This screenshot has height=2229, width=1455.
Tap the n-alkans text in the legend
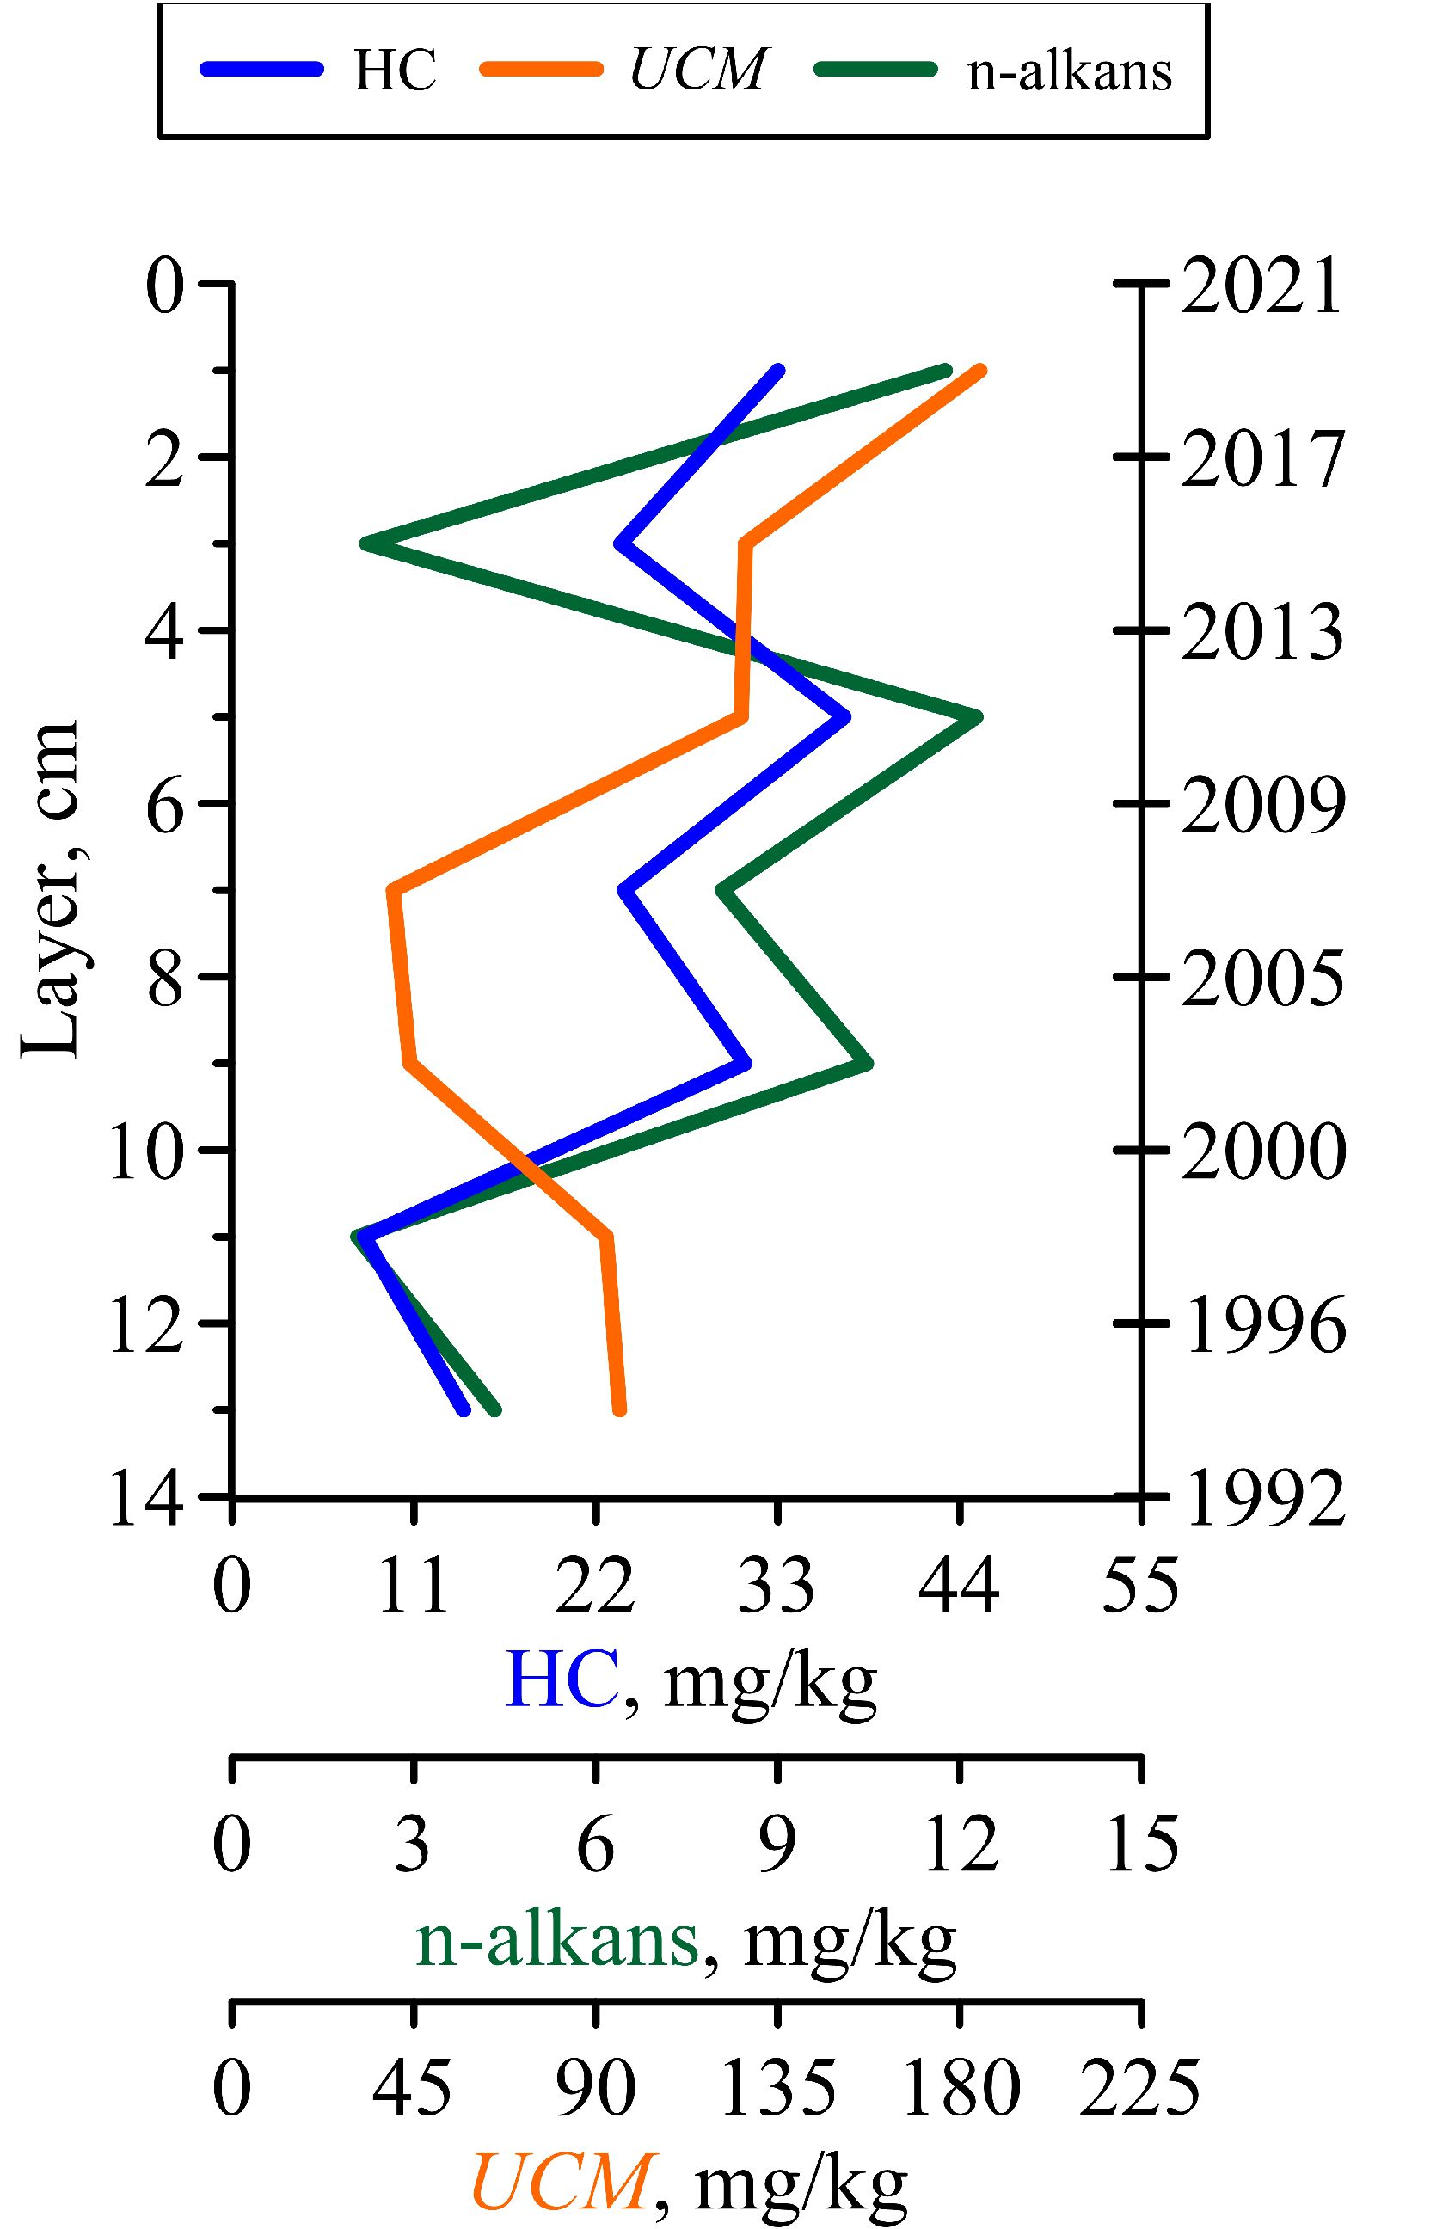(x=1069, y=71)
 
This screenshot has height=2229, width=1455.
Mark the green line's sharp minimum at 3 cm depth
(x=366, y=543)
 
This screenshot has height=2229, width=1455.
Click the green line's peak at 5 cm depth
(x=978, y=716)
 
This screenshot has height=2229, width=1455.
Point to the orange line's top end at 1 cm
(x=981, y=370)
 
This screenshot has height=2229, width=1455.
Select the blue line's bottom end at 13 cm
(x=463, y=1409)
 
